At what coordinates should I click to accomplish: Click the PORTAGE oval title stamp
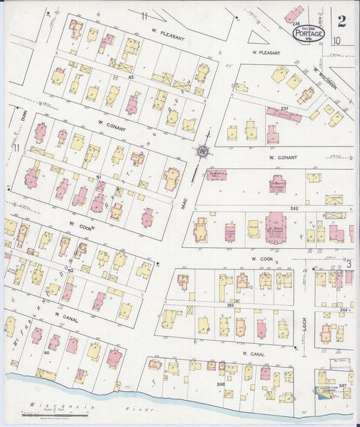point(309,33)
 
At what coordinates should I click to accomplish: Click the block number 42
point(131,78)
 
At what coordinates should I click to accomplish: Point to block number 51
point(99,177)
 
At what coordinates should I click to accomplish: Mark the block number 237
point(284,109)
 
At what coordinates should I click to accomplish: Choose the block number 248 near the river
point(220,384)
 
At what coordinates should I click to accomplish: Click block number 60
point(47,352)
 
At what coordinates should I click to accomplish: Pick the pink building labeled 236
point(294,14)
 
